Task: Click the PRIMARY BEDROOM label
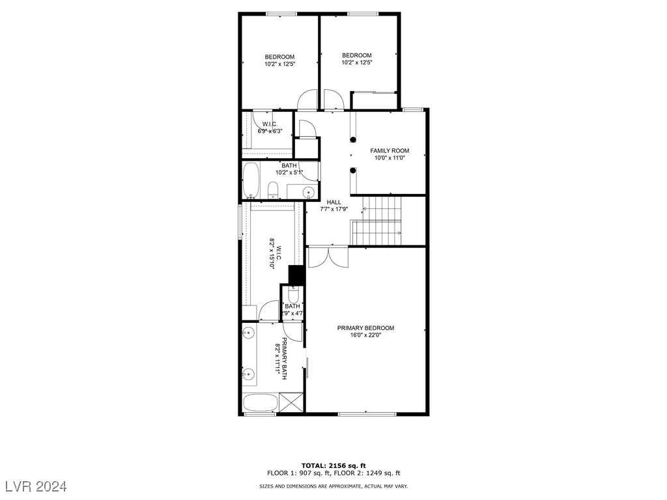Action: pos(365,328)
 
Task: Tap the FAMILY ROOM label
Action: pos(390,150)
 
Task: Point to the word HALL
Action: pos(333,202)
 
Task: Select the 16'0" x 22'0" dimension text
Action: pos(365,336)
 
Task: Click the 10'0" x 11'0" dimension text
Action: pos(390,158)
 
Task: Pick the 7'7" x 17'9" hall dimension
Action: pos(333,210)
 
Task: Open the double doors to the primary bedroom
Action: pos(328,257)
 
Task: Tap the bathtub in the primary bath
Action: pos(260,402)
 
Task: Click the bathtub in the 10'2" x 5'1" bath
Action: pos(251,180)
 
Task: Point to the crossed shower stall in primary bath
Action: pos(291,402)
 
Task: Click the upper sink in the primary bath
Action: pos(248,334)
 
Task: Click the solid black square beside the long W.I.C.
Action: pos(296,275)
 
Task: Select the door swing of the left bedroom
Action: pos(306,100)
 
